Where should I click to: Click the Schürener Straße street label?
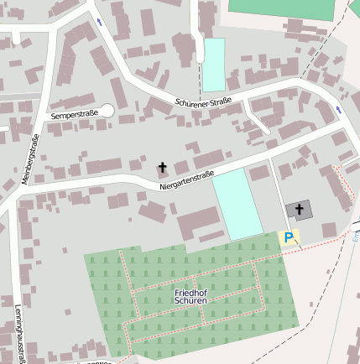click(203, 102)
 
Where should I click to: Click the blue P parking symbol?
click(289, 238)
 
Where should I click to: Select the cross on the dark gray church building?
click(299, 209)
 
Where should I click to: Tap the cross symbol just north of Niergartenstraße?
click(163, 167)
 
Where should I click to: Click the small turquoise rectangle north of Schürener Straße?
click(214, 65)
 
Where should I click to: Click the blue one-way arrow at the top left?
click(100, 21)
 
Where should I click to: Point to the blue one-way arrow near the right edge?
click(338, 110)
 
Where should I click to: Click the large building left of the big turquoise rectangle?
click(198, 224)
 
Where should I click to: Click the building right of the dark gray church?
click(329, 229)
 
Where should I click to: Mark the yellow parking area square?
click(289, 237)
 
